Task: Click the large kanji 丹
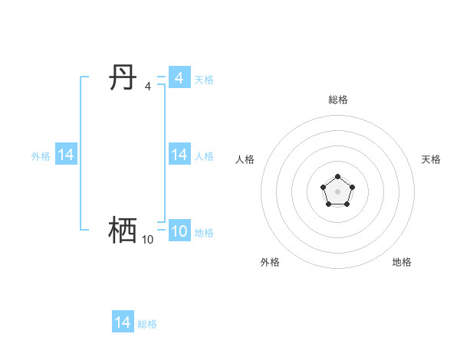pyautogui.click(x=123, y=78)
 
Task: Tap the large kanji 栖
pyautogui.click(x=123, y=230)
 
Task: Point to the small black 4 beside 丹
pyautogui.click(x=148, y=87)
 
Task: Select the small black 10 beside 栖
pyautogui.click(x=147, y=240)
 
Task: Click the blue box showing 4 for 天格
pyautogui.click(x=179, y=78)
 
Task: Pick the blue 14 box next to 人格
pyautogui.click(x=179, y=155)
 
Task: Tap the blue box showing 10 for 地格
pyautogui.click(x=179, y=231)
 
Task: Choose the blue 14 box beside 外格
pyautogui.click(x=66, y=155)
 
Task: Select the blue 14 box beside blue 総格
pyautogui.click(x=123, y=322)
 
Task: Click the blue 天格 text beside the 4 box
pyautogui.click(x=204, y=80)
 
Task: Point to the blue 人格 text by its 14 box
pyautogui.click(x=204, y=156)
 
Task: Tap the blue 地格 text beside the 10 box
pyautogui.click(x=204, y=233)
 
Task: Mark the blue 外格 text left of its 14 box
pyautogui.click(x=41, y=156)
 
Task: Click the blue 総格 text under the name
pyautogui.click(x=147, y=324)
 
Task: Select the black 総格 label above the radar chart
pyautogui.click(x=338, y=100)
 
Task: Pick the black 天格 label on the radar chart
pyautogui.click(x=432, y=159)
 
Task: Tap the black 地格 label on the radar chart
pyautogui.click(x=402, y=262)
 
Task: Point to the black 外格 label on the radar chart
pyautogui.click(x=270, y=262)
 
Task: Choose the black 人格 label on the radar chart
pyautogui.click(x=245, y=159)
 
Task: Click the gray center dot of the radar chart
pyautogui.click(x=337, y=191)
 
